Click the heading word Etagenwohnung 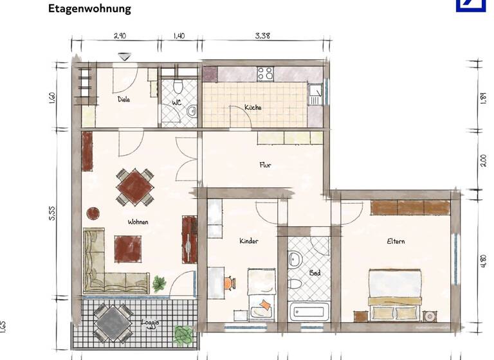click(x=89, y=9)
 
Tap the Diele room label click(x=125, y=100)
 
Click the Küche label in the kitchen click(x=253, y=107)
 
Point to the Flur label click(x=265, y=165)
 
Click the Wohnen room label click(x=138, y=222)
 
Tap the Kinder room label click(x=249, y=241)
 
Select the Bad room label click(x=315, y=273)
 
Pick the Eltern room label click(x=396, y=242)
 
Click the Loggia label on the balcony click(x=150, y=323)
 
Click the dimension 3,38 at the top click(x=262, y=36)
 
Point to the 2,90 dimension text click(x=120, y=36)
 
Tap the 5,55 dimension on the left click(x=52, y=213)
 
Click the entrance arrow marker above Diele click(x=125, y=58)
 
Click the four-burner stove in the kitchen click(x=266, y=74)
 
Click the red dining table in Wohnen click(x=135, y=186)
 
